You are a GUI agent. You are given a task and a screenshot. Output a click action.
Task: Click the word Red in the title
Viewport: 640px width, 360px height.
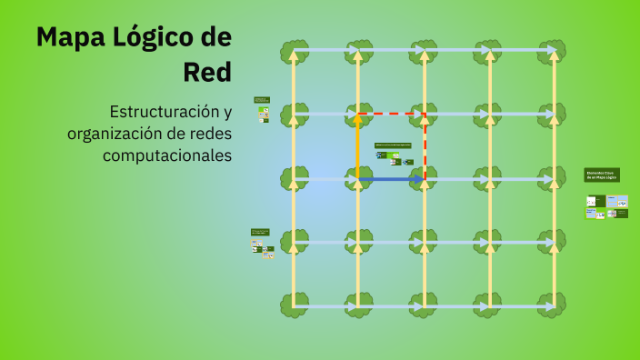coord(208,71)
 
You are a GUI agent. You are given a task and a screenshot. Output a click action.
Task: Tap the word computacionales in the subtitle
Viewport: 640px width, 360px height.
coord(167,156)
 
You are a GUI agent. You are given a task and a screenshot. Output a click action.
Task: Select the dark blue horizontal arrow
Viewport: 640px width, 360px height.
coord(391,179)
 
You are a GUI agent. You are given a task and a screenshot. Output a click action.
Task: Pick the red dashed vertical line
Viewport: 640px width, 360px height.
coord(425,145)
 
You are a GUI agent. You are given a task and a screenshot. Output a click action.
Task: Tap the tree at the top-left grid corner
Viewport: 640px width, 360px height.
coord(294,50)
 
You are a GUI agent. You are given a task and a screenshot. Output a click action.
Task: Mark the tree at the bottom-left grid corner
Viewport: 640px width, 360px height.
coord(294,304)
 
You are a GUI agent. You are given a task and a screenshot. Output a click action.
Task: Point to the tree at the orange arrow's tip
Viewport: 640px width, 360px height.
coord(358,114)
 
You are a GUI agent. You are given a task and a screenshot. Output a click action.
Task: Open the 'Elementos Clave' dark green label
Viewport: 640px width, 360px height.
coord(602,175)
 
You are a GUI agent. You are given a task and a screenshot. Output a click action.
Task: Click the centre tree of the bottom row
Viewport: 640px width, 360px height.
coord(424,304)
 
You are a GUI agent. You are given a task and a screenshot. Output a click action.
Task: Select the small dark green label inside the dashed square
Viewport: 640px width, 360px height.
coord(393,145)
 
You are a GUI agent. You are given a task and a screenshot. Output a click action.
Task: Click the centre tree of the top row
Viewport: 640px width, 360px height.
coord(424,50)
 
